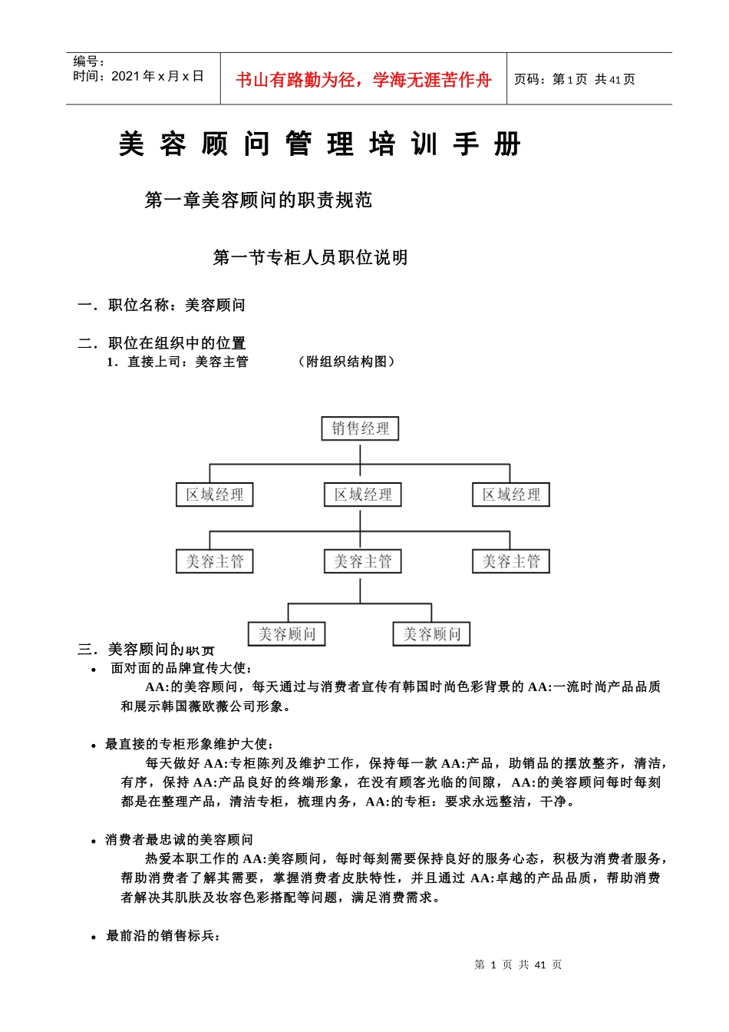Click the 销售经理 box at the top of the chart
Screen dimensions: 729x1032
click(x=360, y=428)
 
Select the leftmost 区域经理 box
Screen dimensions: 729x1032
click(x=214, y=495)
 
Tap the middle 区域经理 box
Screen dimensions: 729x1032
click(x=362, y=495)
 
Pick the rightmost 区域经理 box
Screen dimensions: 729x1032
click(x=510, y=495)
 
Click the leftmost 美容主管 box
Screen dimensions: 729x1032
click(x=214, y=562)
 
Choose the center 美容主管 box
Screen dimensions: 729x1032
click(x=362, y=562)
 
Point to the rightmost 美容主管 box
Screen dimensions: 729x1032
click(x=510, y=562)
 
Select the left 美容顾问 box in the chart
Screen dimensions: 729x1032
click(x=287, y=634)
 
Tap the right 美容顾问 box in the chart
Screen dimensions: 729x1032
click(x=431, y=634)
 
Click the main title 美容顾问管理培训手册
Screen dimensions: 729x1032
click(x=320, y=144)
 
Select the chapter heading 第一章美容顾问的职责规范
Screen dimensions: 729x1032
click(x=259, y=200)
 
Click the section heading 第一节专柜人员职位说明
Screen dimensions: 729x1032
click(x=310, y=258)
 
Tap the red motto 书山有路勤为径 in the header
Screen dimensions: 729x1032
click(x=363, y=80)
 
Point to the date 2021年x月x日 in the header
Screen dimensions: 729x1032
click(x=157, y=76)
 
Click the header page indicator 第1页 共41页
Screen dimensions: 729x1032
click(x=575, y=79)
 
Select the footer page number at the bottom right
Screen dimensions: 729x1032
click(x=518, y=964)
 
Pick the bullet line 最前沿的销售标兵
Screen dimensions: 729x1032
click(x=163, y=936)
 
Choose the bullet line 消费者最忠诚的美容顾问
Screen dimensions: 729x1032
click(x=179, y=840)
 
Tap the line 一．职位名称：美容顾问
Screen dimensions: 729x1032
click(x=162, y=306)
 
